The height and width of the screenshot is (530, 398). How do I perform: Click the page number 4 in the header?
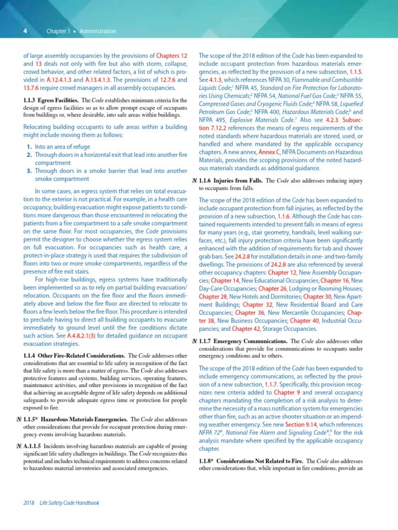coord(25,31)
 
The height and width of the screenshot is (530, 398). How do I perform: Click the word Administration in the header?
coord(98,32)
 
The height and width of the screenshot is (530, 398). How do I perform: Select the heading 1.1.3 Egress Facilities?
coord(51,100)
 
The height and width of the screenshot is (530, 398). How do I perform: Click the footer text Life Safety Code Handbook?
coord(69,503)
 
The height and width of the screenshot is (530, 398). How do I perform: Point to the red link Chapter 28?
coord(213,297)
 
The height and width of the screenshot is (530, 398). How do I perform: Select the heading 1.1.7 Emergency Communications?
coord(244,342)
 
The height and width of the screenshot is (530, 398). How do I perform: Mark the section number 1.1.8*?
coord(208,461)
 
